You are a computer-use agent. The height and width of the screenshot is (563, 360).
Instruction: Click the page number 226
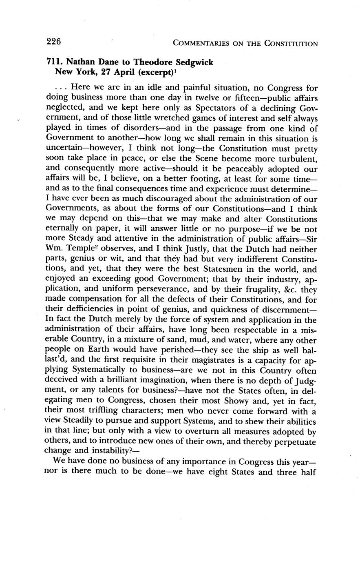(x=53, y=42)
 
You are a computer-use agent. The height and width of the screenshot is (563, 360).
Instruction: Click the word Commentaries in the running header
(x=202, y=43)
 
